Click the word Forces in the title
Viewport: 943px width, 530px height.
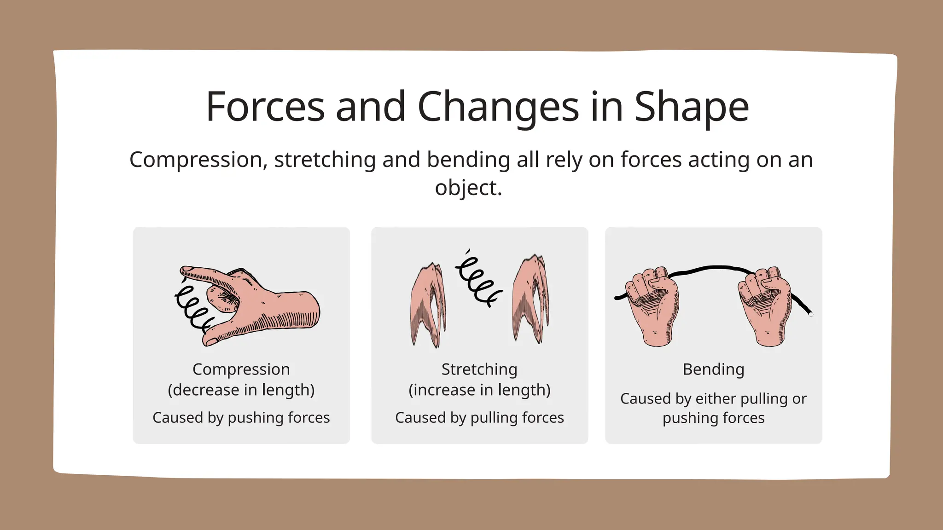click(x=265, y=107)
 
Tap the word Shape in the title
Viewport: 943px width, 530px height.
click(x=692, y=107)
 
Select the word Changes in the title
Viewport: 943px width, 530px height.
click(x=498, y=107)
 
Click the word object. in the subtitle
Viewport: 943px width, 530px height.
click(x=468, y=188)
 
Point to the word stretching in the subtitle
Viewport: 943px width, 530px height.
click(x=325, y=160)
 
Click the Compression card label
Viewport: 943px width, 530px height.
click(x=241, y=369)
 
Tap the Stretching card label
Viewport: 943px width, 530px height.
click(x=479, y=369)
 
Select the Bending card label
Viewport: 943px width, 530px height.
click(x=713, y=369)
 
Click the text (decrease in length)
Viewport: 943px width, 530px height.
click(x=241, y=390)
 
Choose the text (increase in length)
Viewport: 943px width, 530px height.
click(x=479, y=390)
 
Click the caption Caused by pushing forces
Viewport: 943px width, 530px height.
click(x=241, y=418)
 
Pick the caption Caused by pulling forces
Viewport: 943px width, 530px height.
click(x=479, y=418)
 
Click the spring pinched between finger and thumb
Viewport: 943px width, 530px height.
click(x=192, y=307)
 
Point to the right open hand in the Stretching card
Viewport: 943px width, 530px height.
click(x=530, y=299)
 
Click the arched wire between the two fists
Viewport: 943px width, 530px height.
click(x=711, y=268)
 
